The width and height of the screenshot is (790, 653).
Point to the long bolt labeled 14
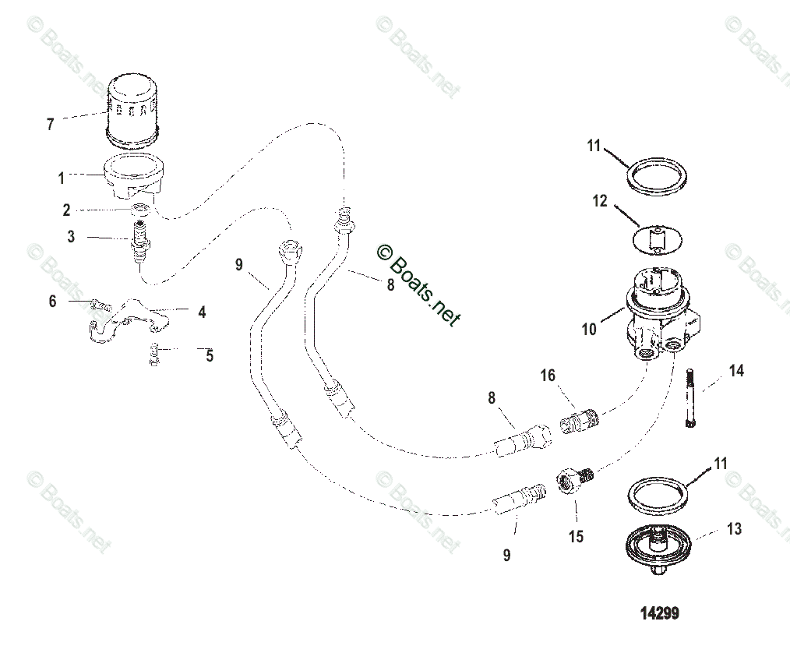point(690,397)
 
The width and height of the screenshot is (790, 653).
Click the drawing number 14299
point(659,613)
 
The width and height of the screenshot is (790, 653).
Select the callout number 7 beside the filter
point(50,124)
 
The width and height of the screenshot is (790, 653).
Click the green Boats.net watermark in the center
point(418,284)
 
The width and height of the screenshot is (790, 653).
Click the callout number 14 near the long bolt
point(735,371)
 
